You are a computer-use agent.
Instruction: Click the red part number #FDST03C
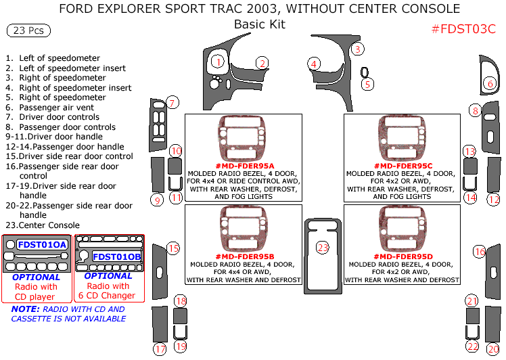pyautogui.click(x=463, y=29)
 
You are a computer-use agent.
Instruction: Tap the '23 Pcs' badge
pyautogui.click(x=28, y=31)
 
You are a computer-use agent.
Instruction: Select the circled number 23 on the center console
pyautogui.click(x=323, y=248)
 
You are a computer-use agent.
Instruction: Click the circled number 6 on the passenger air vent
pyautogui.click(x=490, y=84)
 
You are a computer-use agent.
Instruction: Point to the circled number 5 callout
pyautogui.click(x=367, y=85)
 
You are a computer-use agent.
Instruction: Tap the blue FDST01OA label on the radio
pyautogui.click(x=42, y=244)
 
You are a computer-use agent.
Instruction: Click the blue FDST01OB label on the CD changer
pyautogui.click(x=116, y=256)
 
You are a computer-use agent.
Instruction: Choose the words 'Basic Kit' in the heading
pyautogui.click(x=259, y=25)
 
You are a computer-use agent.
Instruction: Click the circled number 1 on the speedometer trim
pyautogui.click(x=217, y=62)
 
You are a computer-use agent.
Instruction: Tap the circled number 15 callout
pyautogui.click(x=173, y=248)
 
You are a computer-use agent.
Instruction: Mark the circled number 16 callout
pyautogui.click(x=480, y=252)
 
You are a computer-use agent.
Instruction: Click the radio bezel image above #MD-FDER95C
pyautogui.click(x=402, y=140)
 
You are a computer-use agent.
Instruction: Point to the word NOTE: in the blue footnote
pyautogui.click(x=25, y=309)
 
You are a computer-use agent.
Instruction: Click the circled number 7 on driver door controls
pyautogui.click(x=173, y=103)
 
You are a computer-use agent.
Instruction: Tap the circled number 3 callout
pyautogui.click(x=358, y=49)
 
